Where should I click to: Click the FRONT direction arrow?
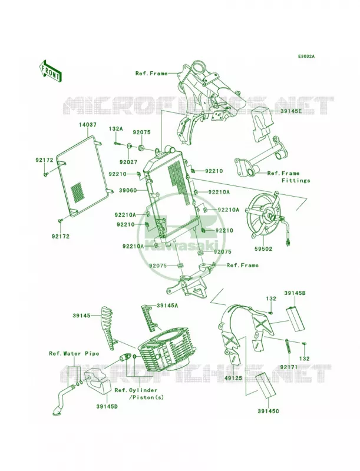[50, 70]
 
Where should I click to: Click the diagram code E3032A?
[306, 56]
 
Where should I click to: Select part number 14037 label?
[88, 124]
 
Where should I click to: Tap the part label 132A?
[115, 129]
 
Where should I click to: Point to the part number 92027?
[128, 162]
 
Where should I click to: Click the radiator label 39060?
[128, 190]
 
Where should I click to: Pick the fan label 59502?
[263, 248]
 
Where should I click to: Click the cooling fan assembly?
[265, 216]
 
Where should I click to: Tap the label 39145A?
[167, 306]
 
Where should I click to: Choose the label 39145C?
[268, 410]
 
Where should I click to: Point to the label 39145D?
[107, 406]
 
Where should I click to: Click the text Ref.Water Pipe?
[74, 354]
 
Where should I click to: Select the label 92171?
[289, 367]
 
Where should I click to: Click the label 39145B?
[295, 293]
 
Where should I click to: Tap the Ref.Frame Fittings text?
[289, 177]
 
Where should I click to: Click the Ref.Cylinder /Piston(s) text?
[139, 394]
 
